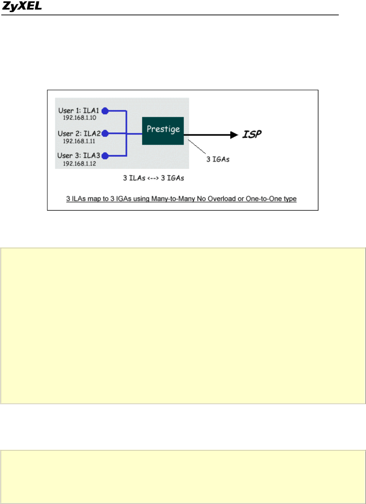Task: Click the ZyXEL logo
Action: coord(22,6)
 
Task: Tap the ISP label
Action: coord(252,134)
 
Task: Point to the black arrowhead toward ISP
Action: coord(234,135)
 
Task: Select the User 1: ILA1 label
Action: coord(79,111)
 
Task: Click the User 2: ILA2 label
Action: coord(79,134)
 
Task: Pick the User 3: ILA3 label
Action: coord(79,155)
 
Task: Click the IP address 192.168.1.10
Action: coord(79,118)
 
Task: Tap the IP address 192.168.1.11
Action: coord(79,141)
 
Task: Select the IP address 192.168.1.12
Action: coord(79,164)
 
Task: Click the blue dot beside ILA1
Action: coord(105,111)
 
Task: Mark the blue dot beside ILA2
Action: coord(105,133)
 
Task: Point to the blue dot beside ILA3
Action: coord(105,156)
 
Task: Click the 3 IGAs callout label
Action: coord(218,159)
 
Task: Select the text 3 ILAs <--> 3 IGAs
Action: coord(153,178)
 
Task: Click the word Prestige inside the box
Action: coord(163,129)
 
